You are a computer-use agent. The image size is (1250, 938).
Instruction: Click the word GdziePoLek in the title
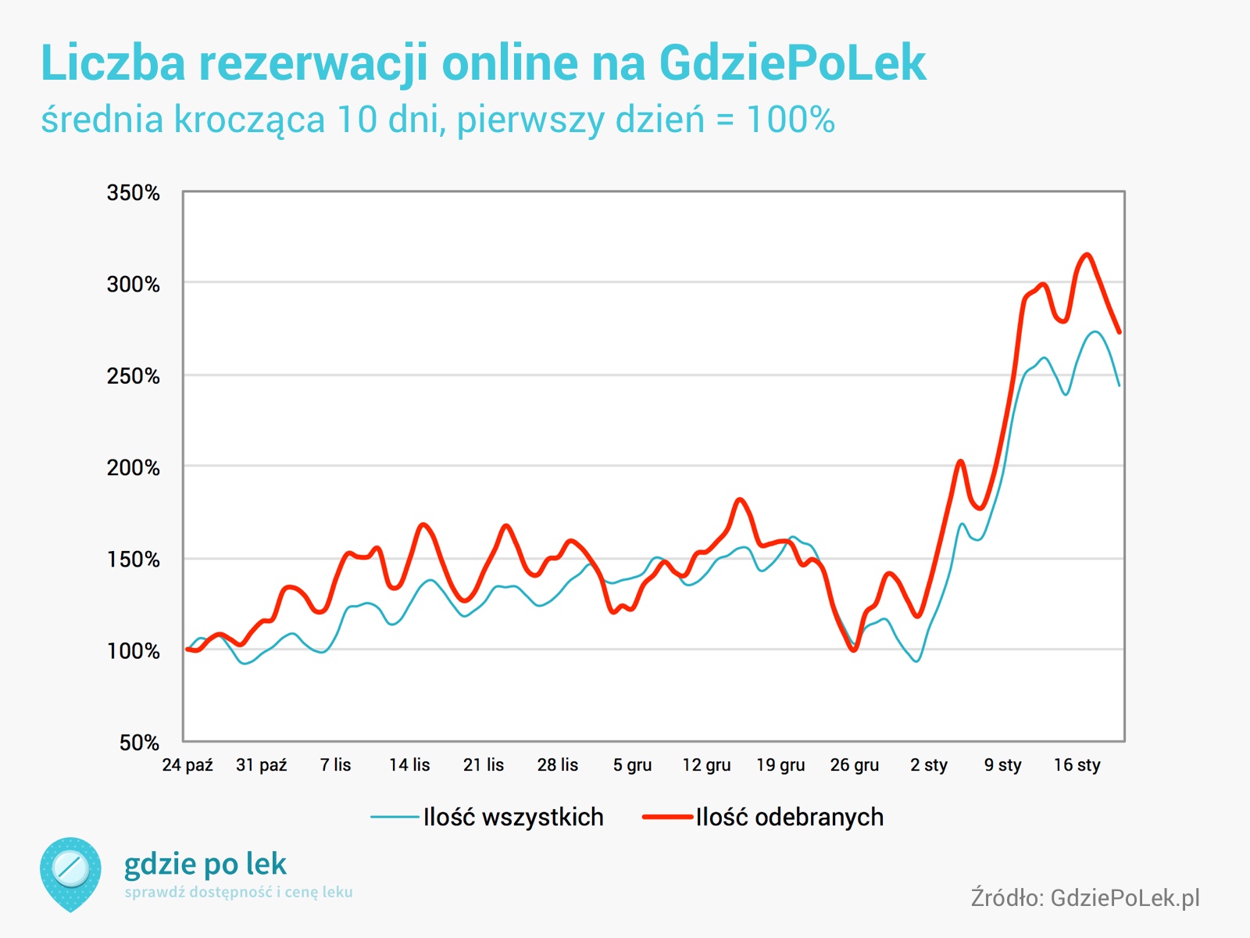pos(792,63)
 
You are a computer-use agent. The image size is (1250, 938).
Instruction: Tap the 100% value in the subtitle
pos(791,120)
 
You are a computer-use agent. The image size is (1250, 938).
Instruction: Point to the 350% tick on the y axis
pos(134,193)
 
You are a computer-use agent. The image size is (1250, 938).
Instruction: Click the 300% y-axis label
pos(134,285)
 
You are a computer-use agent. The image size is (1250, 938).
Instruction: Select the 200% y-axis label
pos(134,467)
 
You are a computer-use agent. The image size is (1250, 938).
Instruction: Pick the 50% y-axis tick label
pos(140,743)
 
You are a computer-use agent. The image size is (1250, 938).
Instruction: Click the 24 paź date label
pos(187,765)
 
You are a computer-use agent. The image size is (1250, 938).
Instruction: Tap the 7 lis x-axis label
pos(335,765)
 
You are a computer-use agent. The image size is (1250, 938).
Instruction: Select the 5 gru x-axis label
pos(632,765)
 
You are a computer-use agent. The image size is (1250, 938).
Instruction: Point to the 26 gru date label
pos(855,765)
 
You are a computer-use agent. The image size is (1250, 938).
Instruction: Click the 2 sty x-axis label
pos(929,765)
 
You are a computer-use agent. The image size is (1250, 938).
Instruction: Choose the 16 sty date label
pos(1077,765)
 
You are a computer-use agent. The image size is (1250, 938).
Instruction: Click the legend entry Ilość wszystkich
pos(487,818)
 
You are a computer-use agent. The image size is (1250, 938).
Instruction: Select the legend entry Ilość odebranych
pos(763,818)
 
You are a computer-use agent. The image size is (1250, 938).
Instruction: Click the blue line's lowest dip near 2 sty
pos(916,661)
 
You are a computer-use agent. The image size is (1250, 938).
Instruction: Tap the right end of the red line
pos(1120,332)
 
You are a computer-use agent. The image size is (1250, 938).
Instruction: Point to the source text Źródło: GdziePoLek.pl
pos(1085,897)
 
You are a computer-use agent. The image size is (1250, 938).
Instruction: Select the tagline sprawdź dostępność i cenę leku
pos(238,892)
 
